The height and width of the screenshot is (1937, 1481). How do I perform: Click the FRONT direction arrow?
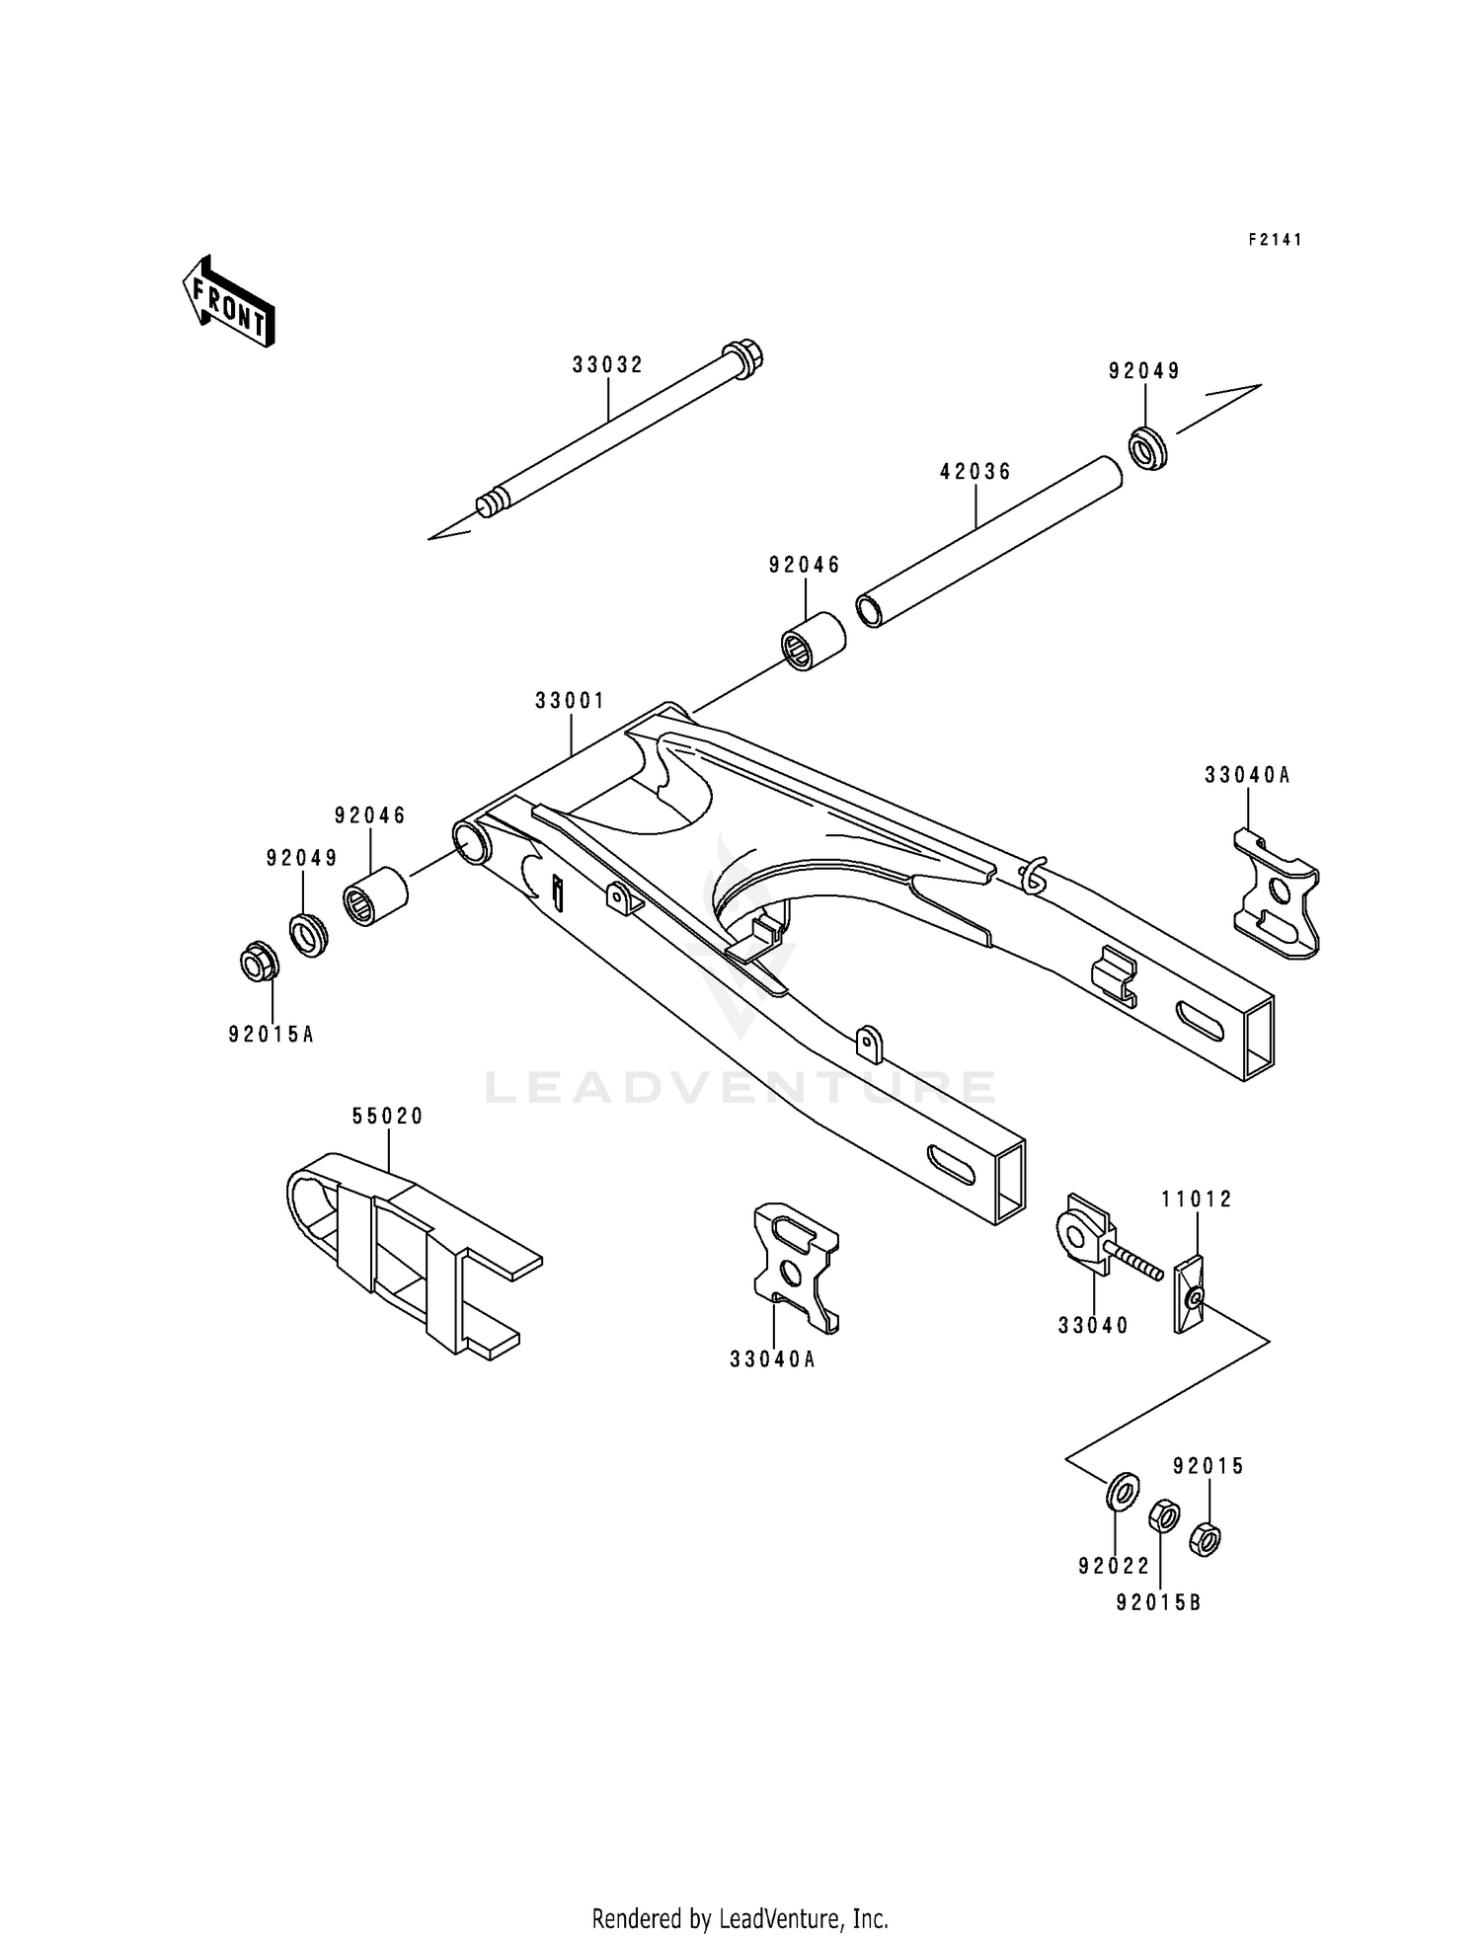click(x=227, y=301)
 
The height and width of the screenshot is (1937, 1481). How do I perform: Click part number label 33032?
click(x=607, y=365)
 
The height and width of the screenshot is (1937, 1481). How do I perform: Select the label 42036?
click(x=975, y=472)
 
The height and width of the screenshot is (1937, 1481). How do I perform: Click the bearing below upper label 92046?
click(x=814, y=639)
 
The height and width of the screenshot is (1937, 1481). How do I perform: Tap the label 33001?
click(x=570, y=701)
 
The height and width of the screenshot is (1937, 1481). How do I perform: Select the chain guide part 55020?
click(x=405, y=1249)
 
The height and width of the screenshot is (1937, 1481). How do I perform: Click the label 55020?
click(x=388, y=1117)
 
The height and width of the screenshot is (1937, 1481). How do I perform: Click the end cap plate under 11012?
click(x=1191, y=1293)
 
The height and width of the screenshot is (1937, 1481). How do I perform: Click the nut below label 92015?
click(x=1205, y=1537)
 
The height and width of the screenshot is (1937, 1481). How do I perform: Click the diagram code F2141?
click(x=1275, y=240)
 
